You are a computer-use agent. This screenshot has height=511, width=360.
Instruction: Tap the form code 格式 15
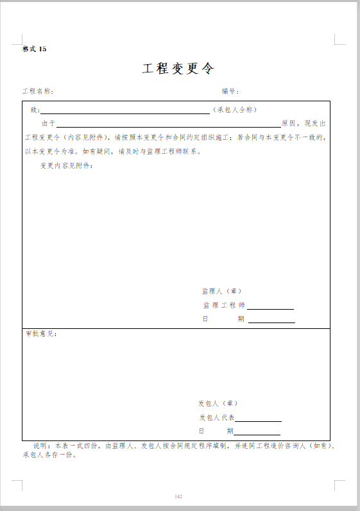(x=35, y=49)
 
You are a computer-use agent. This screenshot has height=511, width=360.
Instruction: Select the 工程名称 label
(x=38, y=92)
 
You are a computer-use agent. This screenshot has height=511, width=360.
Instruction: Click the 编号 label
(x=230, y=92)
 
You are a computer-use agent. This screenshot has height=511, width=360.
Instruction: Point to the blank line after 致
(x=125, y=112)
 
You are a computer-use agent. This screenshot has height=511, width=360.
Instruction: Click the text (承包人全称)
(x=235, y=110)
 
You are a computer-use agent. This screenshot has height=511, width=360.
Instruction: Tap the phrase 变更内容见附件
(x=66, y=166)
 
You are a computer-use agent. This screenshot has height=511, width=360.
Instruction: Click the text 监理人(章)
(x=221, y=291)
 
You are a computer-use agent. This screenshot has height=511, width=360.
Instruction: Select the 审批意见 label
(x=41, y=334)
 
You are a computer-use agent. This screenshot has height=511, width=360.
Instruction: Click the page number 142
(x=179, y=496)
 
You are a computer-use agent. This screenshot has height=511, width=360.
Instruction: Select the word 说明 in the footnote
(x=40, y=445)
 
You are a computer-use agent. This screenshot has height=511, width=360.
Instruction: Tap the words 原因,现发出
(x=304, y=123)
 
